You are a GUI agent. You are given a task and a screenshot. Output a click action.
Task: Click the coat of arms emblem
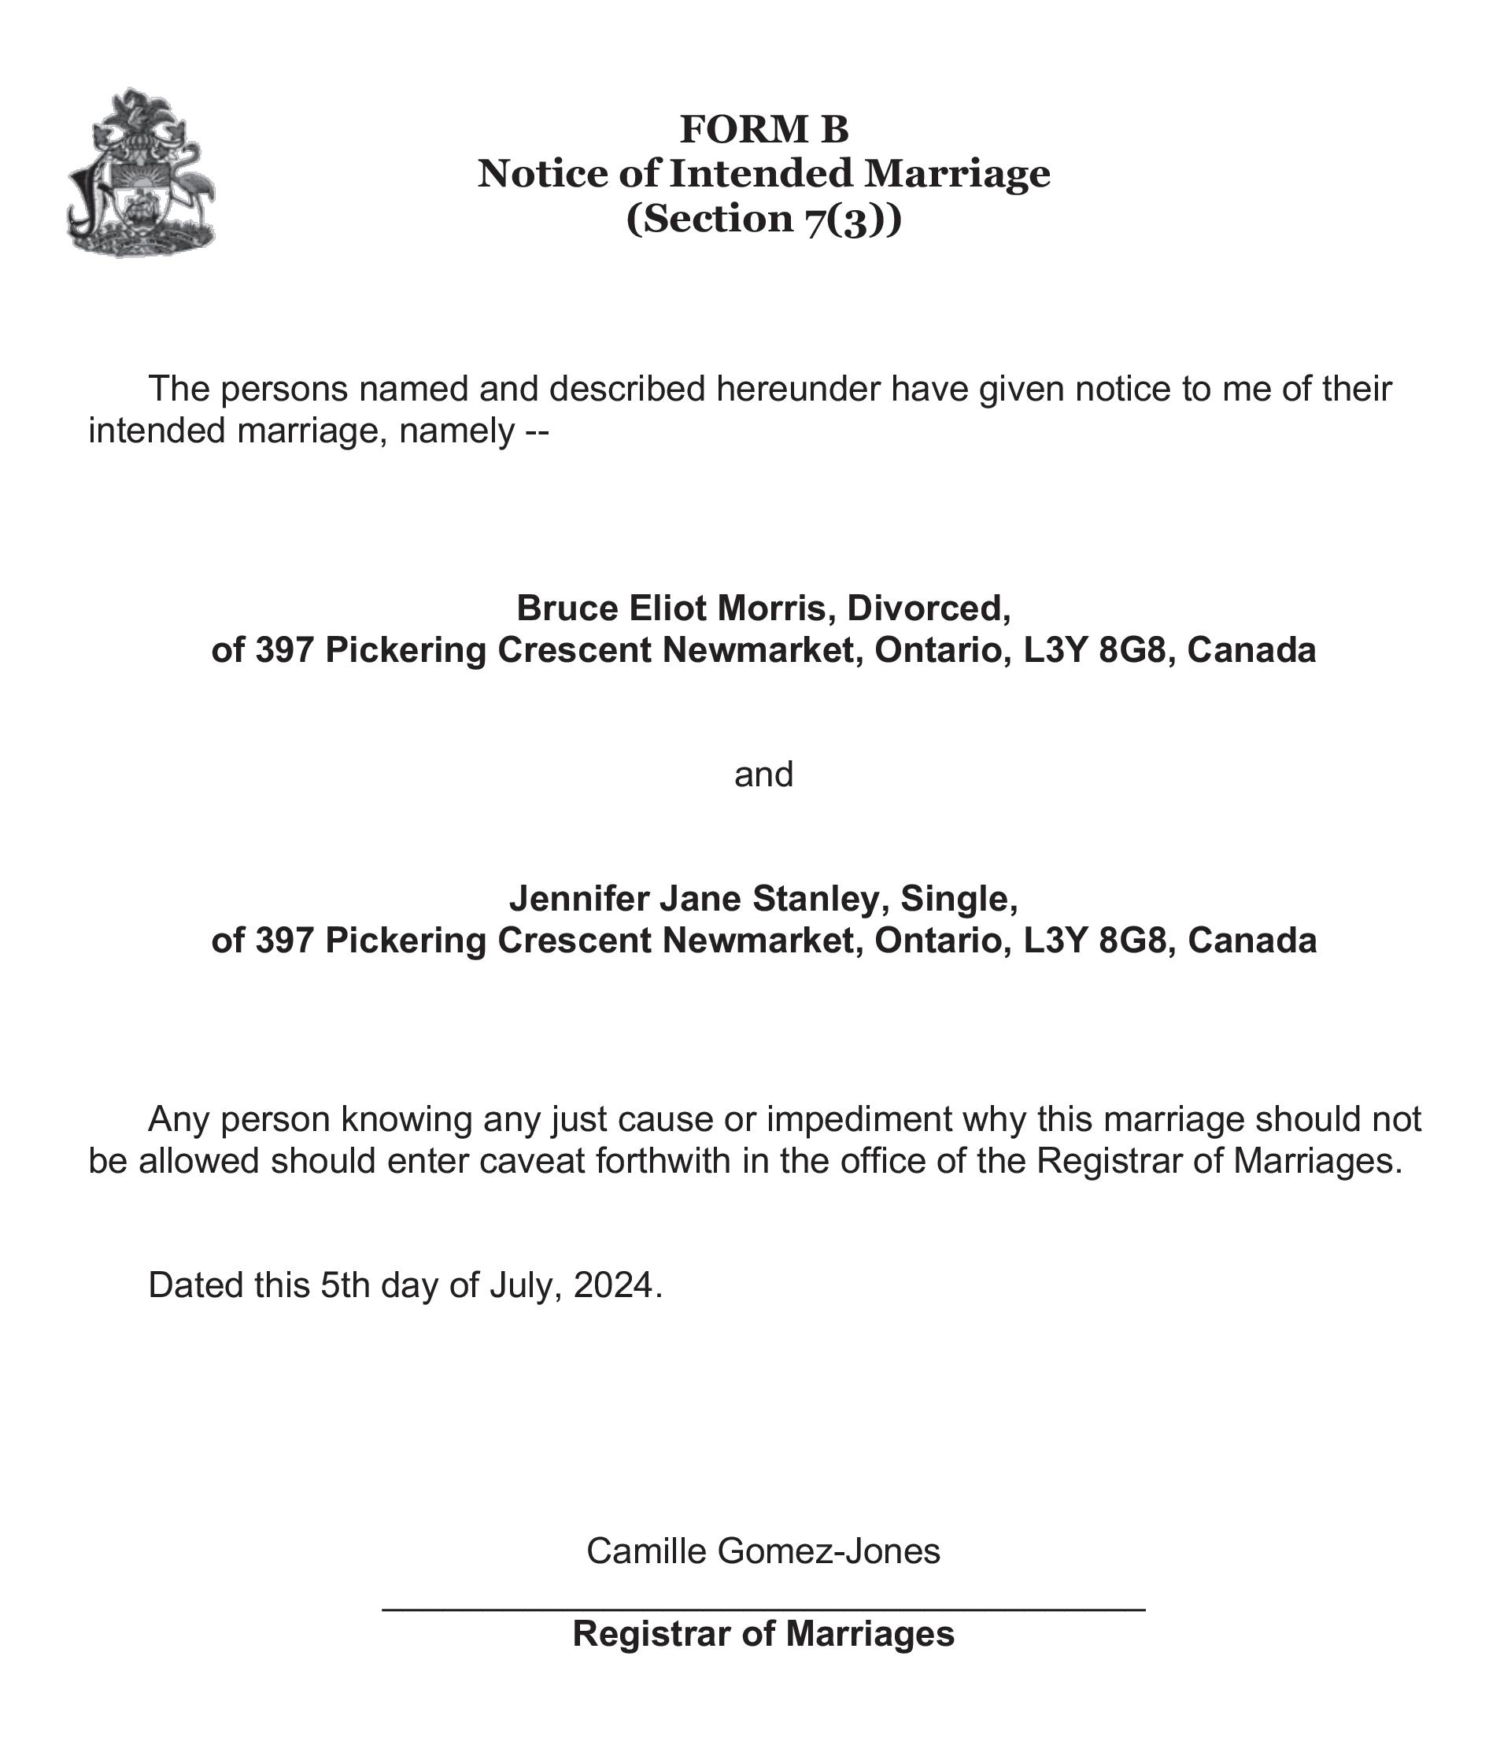[x=140, y=172]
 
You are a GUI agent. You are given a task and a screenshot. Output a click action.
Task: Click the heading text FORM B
[x=764, y=129]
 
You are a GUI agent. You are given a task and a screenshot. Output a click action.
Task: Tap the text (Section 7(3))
[x=764, y=219]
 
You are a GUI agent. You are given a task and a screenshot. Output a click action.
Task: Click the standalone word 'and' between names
[x=763, y=774]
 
